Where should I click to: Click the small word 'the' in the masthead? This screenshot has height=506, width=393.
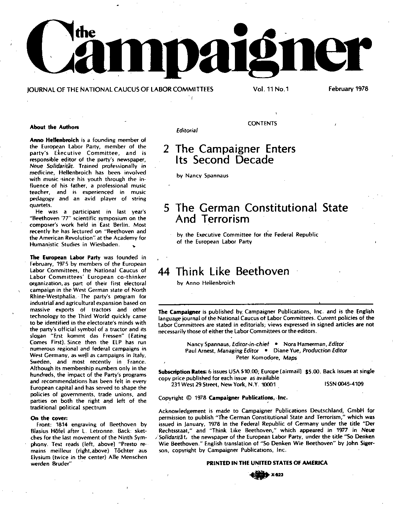click(x=86, y=32)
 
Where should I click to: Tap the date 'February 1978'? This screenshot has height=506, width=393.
click(x=348, y=89)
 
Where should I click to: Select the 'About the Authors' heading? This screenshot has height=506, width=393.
click(x=54, y=127)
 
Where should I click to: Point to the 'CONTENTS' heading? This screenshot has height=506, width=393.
click(x=262, y=124)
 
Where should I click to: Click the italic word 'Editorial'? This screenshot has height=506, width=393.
click(x=187, y=131)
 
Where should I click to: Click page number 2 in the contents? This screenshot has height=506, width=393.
click(x=167, y=149)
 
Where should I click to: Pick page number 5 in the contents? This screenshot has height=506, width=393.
click(x=167, y=208)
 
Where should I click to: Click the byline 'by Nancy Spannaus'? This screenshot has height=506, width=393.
click(x=202, y=176)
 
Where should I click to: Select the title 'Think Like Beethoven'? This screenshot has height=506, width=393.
click(x=232, y=272)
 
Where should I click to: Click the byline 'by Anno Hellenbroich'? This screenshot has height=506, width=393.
click(x=206, y=283)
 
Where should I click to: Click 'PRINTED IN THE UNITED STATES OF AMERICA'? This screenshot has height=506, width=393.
click(x=267, y=463)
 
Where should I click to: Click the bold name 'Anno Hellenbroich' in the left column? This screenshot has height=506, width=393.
click(x=54, y=140)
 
